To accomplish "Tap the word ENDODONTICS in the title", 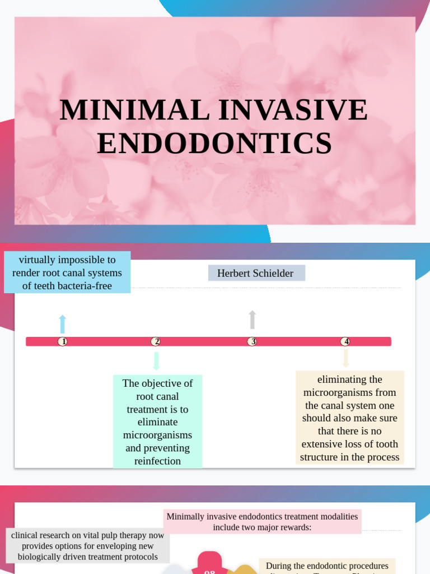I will pyautogui.click(x=214, y=143).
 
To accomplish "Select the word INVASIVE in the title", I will pyautogui.click(x=293, y=110).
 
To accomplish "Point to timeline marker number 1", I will pyautogui.click(x=63, y=341).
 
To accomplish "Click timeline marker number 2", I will pyautogui.click(x=156, y=341).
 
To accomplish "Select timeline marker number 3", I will pyautogui.click(x=253, y=341).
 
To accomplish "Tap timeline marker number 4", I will pyautogui.click(x=345, y=341).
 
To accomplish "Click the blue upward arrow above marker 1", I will pyautogui.click(x=63, y=324).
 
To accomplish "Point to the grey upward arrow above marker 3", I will pyautogui.click(x=253, y=320).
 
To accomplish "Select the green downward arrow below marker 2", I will pyautogui.click(x=156, y=360).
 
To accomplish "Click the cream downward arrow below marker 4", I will pyautogui.click(x=346, y=358).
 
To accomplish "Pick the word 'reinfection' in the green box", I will pyautogui.click(x=157, y=461).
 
